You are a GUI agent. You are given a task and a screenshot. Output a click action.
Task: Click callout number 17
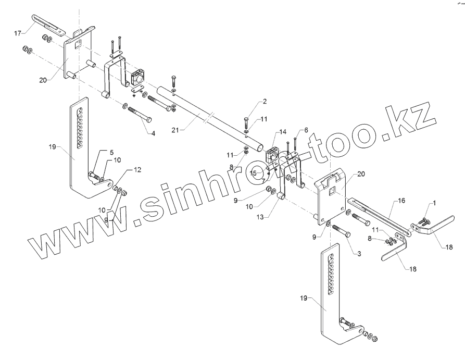[17, 33]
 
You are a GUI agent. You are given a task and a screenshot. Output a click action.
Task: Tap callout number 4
[153, 134]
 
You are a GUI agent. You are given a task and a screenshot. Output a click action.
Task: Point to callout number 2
[265, 101]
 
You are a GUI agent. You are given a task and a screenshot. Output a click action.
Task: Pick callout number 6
[306, 130]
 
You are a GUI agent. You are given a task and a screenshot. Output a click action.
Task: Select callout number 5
[111, 152]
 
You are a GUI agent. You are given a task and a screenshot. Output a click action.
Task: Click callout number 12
[137, 170]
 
